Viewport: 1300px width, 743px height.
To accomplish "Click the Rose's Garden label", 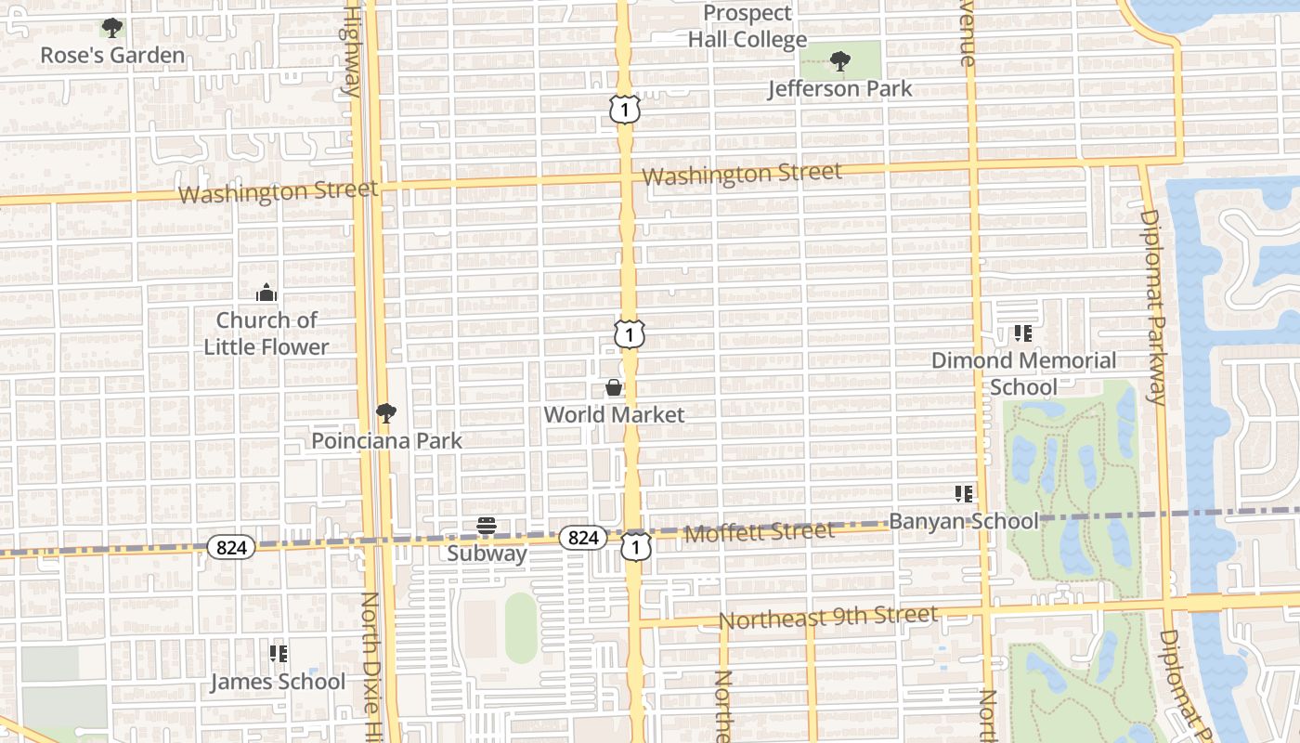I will (x=112, y=56).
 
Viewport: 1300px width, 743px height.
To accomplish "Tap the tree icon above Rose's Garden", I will (x=112, y=28).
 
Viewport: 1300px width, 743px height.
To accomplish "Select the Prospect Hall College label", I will (x=747, y=26).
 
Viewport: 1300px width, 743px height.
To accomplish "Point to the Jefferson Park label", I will (x=840, y=89).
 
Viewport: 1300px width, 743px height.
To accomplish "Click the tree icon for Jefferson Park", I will (x=840, y=62).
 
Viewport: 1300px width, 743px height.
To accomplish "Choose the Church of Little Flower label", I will (x=266, y=333).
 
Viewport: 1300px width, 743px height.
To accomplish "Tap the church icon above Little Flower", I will (x=266, y=293).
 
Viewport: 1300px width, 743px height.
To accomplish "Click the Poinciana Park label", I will (x=386, y=441).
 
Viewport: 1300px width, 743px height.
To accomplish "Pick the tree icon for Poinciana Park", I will (x=386, y=413).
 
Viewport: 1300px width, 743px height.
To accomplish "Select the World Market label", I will (x=614, y=415).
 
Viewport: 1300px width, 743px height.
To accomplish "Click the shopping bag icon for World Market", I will (x=614, y=387).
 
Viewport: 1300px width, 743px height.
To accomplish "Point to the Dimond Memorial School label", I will (x=1023, y=373).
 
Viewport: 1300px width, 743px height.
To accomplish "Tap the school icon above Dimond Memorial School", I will (x=1023, y=332).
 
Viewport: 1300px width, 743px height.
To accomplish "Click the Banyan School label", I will (x=964, y=521).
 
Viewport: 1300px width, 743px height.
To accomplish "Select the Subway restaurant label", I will (x=487, y=554).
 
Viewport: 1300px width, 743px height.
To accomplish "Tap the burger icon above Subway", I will (x=487, y=527).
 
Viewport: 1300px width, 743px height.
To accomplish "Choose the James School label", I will (x=278, y=682).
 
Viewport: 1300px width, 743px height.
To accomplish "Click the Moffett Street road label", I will (x=759, y=532).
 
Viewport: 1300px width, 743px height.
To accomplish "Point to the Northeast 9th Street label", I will (x=828, y=618).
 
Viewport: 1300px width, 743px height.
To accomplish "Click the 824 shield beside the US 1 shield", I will (x=583, y=538).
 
